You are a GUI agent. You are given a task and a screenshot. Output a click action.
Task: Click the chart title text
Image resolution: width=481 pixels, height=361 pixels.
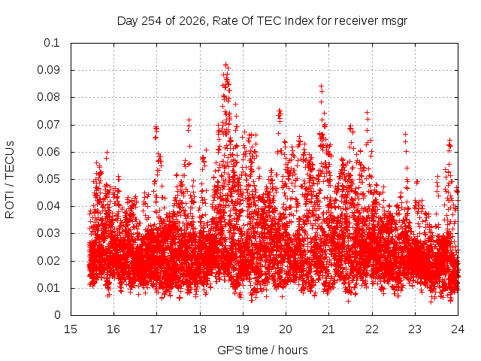pos(262,21)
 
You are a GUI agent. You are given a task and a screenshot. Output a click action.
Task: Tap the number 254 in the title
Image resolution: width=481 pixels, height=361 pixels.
pos(152,21)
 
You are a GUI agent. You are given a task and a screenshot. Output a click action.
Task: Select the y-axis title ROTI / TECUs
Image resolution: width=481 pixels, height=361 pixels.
pos(10,180)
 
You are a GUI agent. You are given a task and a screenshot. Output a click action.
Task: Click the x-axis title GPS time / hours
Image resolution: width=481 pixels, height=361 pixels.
pos(262,350)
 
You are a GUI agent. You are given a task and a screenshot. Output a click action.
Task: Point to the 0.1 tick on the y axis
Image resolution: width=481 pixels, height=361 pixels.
pos(52,43)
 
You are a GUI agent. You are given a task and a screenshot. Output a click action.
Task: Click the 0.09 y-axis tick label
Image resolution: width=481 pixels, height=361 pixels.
pos(48,70)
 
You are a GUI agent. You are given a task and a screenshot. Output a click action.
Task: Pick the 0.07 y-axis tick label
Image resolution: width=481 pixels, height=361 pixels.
pos(48,125)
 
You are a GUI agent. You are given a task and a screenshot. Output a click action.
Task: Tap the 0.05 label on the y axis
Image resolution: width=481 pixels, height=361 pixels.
pos(48,179)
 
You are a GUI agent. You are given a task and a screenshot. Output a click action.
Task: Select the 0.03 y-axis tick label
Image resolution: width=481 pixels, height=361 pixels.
pos(48,233)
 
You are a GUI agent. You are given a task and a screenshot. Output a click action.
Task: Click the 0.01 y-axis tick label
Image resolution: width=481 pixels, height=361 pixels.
pos(48,288)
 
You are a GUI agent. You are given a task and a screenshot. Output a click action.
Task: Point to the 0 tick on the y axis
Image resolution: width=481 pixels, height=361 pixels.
pos(57,315)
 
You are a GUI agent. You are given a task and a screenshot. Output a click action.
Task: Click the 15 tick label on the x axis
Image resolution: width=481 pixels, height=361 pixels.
pos(71,329)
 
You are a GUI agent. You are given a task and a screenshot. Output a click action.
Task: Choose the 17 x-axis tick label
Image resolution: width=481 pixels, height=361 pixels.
pos(156,329)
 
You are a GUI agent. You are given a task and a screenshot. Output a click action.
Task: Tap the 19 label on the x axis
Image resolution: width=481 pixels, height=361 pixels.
pos(243,329)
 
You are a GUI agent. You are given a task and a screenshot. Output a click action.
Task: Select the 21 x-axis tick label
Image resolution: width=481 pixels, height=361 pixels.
pos(328,329)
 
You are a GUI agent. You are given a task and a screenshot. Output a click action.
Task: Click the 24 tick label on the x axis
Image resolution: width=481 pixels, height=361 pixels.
pos(458,329)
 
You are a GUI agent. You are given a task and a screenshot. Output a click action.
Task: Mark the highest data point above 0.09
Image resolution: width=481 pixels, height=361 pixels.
pos(225,65)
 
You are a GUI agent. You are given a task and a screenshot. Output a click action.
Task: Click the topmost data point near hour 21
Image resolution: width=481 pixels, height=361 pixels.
pos(321,86)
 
